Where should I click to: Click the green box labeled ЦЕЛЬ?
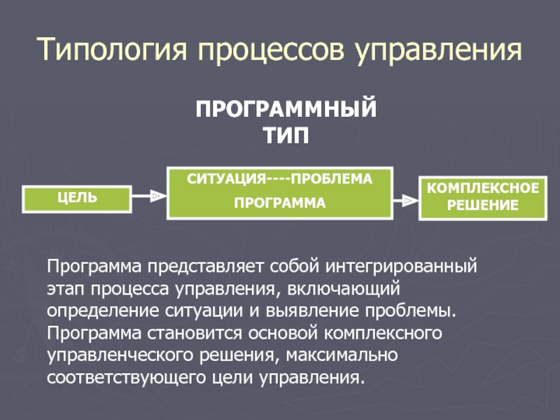(77, 198)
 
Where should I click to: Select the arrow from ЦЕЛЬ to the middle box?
(148, 197)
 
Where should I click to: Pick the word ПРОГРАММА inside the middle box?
(279, 204)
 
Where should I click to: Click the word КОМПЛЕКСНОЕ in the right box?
(483, 189)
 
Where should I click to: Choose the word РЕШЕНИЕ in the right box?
(483, 206)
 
